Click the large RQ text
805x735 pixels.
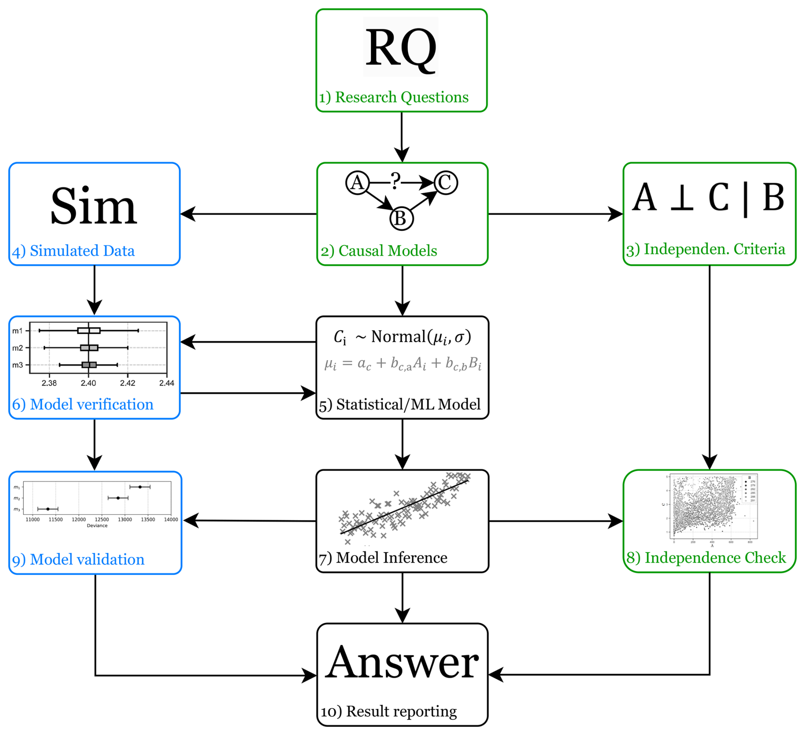click(401, 48)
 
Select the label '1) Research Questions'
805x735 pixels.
click(394, 97)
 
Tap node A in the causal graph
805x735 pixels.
click(357, 183)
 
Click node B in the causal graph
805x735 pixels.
click(401, 219)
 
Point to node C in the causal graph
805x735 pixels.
click(445, 183)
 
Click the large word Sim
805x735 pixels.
click(94, 207)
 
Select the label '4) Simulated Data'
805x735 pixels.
click(74, 251)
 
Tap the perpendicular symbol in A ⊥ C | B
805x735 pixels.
click(682, 198)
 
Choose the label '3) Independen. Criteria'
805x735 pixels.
click(706, 249)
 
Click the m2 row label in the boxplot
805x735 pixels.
click(17, 348)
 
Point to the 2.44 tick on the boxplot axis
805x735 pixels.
click(167, 383)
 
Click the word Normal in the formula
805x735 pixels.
click(398, 337)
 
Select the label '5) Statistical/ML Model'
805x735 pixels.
click(400, 405)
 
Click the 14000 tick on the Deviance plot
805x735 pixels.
click(171, 519)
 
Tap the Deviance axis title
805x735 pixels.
click(97, 526)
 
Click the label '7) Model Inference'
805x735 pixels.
click(383, 558)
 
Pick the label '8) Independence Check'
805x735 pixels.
click(706, 558)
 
